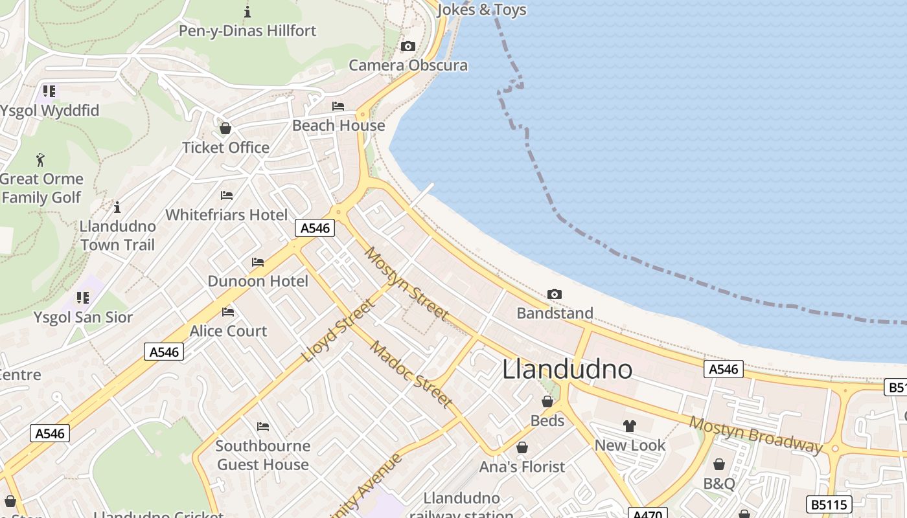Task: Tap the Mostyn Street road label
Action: pyautogui.click(x=407, y=284)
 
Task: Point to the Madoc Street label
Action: pyautogui.click(x=411, y=374)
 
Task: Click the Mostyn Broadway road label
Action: pyautogui.click(x=755, y=434)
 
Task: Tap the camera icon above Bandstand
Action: pyautogui.click(x=554, y=295)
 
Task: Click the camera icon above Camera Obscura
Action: pyautogui.click(x=408, y=46)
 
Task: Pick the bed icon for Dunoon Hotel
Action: pyautogui.click(x=258, y=262)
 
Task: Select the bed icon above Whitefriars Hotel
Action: pyautogui.click(x=227, y=195)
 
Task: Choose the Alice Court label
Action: pyautogui.click(x=228, y=331)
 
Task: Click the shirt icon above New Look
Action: pyautogui.click(x=630, y=426)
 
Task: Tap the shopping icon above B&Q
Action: pyautogui.click(x=719, y=464)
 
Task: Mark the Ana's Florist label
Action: pyautogui.click(x=522, y=466)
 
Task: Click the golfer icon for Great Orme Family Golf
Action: pyautogui.click(x=41, y=159)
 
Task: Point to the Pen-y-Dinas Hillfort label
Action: pyautogui.click(x=247, y=30)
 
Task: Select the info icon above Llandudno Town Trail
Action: pyautogui.click(x=117, y=207)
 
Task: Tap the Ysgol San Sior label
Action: pyautogui.click(x=83, y=317)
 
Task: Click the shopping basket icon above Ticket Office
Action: pyautogui.click(x=225, y=128)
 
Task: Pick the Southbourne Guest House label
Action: pyautogui.click(x=263, y=455)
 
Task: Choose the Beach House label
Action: pyautogui.click(x=338, y=125)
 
